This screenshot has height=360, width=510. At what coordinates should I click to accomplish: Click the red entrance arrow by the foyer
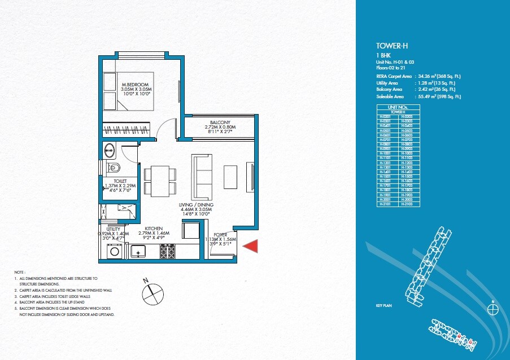pyautogui.click(x=251, y=246)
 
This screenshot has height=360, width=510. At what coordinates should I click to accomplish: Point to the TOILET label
pyautogui.click(x=120, y=181)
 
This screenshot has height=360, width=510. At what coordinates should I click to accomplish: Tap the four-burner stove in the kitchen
pyautogui.click(x=168, y=251)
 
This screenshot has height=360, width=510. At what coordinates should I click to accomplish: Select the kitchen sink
pyautogui.click(x=139, y=251)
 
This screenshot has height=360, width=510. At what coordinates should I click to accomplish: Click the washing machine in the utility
pyautogui.click(x=115, y=251)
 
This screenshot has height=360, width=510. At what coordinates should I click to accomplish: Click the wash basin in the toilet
pyautogui.click(x=110, y=150)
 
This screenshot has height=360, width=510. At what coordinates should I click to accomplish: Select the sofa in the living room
pyautogui.click(x=200, y=172)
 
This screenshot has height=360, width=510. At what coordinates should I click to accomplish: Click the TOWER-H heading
pyautogui.click(x=390, y=46)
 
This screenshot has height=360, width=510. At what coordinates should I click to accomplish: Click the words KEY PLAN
pyautogui.click(x=383, y=305)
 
